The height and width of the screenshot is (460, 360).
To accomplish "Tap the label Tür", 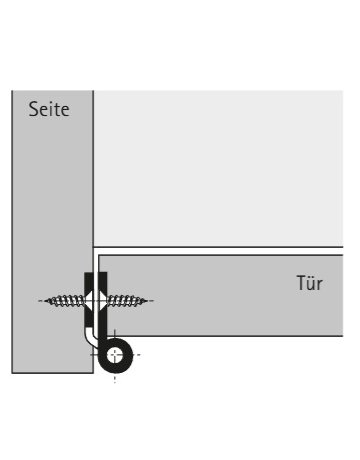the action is (311, 284).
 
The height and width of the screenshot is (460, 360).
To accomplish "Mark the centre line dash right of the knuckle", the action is (138, 355).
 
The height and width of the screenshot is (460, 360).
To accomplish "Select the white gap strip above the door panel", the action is (220, 249).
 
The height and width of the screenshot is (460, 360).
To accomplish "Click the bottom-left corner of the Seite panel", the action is (13, 372).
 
